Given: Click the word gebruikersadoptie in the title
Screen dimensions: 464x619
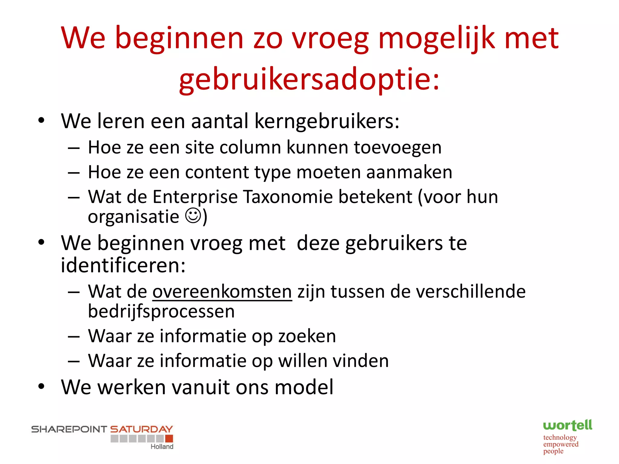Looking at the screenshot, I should [x=309, y=79].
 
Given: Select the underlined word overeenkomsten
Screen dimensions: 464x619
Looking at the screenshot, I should [x=222, y=292].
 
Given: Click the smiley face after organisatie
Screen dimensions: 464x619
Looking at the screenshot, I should [x=193, y=216].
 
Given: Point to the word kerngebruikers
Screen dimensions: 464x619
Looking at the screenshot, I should [x=327, y=121].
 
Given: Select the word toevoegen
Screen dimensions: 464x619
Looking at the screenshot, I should [x=397, y=148].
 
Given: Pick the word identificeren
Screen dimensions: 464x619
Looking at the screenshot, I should [x=123, y=265].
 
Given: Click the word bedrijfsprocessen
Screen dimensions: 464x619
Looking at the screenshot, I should [x=161, y=311].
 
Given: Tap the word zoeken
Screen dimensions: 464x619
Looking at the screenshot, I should [x=307, y=336].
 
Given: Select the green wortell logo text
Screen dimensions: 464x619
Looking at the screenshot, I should [x=567, y=425].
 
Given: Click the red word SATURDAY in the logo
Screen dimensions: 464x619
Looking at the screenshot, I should [x=141, y=429].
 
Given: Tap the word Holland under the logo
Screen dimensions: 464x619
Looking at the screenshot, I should [x=162, y=446].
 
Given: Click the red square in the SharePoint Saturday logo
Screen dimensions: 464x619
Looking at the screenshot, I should [x=169, y=438].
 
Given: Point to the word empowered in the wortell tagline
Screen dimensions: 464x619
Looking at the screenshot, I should [x=561, y=444].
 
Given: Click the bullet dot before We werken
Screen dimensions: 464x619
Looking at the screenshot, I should [x=41, y=386].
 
